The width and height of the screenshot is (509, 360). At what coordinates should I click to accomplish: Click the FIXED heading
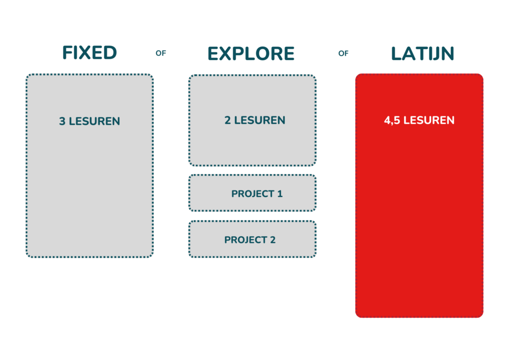click(x=89, y=53)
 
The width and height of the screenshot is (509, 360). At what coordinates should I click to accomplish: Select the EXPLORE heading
click(x=251, y=54)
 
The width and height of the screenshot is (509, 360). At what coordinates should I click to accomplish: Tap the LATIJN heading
click(x=423, y=54)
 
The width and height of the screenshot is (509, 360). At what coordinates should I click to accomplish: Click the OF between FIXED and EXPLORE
click(x=161, y=53)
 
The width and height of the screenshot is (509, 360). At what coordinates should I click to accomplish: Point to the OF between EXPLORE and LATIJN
click(x=343, y=53)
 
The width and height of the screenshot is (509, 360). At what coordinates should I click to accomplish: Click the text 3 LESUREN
click(x=89, y=121)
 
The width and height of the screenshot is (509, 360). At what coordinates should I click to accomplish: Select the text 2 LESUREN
click(x=255, y=120)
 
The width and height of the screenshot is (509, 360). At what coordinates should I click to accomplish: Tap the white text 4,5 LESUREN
click(x=419, y=120)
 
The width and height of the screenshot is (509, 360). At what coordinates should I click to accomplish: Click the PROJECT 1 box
click(x=252, y=193)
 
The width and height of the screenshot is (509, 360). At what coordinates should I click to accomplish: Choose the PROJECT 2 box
click(x=252, y=239)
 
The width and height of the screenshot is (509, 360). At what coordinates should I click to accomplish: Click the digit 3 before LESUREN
click(x=62, y=121)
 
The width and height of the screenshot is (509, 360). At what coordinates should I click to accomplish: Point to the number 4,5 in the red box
click(x=392, y=120)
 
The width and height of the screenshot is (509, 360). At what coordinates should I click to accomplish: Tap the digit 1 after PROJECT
click(x=280, y=194)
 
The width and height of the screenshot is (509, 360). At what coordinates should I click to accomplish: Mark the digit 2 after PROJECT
click(x=273, y=240)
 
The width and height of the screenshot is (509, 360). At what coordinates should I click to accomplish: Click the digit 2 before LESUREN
click(x=228, y=120)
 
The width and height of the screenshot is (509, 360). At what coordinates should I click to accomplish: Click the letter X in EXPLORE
click(x=231, y=54)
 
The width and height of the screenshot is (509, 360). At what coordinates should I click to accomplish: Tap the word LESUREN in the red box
click(x=429, y=120)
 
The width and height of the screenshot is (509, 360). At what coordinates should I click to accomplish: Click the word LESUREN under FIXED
click(x=94, y=121)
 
